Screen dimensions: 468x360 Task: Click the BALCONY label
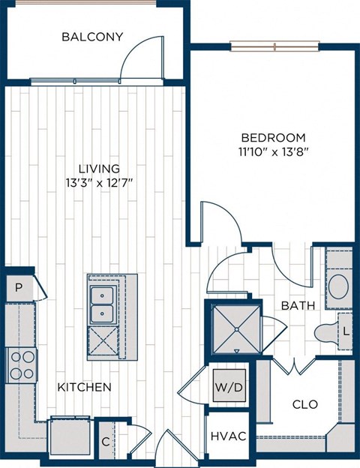pos(92,36)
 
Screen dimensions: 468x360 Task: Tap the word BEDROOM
pos(273,137)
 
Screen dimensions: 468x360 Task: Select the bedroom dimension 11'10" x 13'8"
pos(273,151)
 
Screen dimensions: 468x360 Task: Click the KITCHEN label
pos(85,387)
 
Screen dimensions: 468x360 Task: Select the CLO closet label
pos(304,404)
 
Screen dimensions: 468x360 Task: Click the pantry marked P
pos(18,286)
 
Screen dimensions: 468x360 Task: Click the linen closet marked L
pos(346,330)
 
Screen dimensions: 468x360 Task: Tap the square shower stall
pos(236,328)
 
